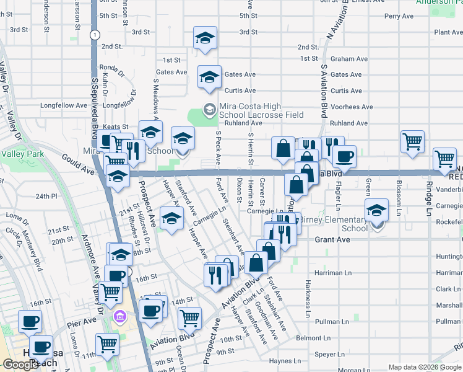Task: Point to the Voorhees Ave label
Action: pyautogui.click(x=352, y=107)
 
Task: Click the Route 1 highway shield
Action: pyautogui.click(x=93, y=35)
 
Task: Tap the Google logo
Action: pyautogui.click(x=20, y=365)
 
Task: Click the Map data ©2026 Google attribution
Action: pyautogui.click(x=425, y=367)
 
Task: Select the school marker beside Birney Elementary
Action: pyautogui.click(x=376, y=210)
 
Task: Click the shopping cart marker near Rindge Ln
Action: pyautogui.click(x=444, y=159)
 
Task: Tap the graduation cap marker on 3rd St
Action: pyautogui.click(x=205, y=38)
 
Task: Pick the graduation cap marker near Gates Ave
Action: pyautogui.click(x=209, y=77)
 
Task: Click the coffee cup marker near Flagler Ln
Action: pyautogui.click(x=344, y=156)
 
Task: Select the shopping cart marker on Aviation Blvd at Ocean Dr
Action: pyautogui.click(x=189, y=318)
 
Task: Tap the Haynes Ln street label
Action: pyautogui.click(x=285, y=361)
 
